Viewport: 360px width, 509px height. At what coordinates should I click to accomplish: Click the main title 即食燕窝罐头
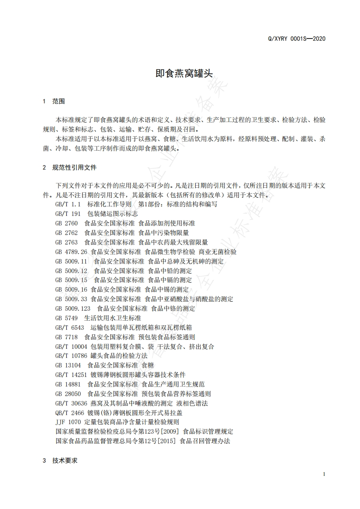coord(181,73)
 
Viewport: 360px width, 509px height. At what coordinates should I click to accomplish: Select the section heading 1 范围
coord(54,101)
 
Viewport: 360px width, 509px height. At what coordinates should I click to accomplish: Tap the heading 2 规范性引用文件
coord(69,168)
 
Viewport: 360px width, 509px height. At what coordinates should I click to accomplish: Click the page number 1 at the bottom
coord(324,474)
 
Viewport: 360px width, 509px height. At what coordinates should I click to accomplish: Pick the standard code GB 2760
coord(67,223)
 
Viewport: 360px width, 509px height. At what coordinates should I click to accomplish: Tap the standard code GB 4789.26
coord(71,251)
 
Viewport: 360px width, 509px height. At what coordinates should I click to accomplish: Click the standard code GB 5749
coord(67,318)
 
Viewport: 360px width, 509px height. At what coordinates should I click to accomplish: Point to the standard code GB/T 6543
coord(69,328)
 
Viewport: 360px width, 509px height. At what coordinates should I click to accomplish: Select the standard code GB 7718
coord(67,337)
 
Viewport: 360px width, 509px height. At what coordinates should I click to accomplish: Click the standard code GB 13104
coord(68,365)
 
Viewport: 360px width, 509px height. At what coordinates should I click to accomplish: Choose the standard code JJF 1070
coord(68,422)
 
